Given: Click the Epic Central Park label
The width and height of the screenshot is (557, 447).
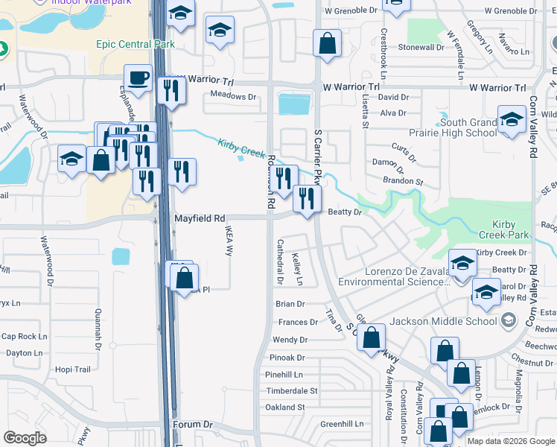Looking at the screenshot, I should pyautogui.click(x=135, y=44).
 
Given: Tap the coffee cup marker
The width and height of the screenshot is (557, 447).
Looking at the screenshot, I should pyautogui.click(x=138, y=77).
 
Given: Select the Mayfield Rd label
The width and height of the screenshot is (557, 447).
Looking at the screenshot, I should pyautogui.click(x=200, y=219).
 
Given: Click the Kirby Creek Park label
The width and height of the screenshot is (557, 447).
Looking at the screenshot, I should pyautogui.click(x=509, y=229).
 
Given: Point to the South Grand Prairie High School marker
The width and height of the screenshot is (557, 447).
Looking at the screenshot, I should pyautogui.click(x=512, y=119).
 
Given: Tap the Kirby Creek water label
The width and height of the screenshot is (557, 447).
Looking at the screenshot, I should pyautogui.click(x=241, y=147).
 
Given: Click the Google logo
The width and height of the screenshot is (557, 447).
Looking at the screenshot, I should pyautogui.click(x=25, y=438).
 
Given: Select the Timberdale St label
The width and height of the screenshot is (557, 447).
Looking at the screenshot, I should pyautogui.click(x=291, y=390).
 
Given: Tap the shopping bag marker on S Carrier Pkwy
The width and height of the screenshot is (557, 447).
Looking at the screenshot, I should pyautogui.click(x=327, y=43).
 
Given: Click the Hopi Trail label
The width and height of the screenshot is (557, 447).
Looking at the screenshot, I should pyautogui.click(x=72, y=370).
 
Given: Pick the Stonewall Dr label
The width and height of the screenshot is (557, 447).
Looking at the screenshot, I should pyautogui.click(x=421, y=47).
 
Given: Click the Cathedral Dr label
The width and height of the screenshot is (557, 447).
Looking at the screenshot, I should pyautogui.click(x=281, y=261).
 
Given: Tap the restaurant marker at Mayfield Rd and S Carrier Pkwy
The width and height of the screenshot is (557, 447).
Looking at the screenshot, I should pyautogui.click(x=307, y=198).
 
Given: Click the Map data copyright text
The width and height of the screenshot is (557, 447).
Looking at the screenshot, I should pyautogui.click(x=512, y=441).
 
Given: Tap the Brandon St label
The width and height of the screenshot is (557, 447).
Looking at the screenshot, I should pyautogui.click(x=403, y=182).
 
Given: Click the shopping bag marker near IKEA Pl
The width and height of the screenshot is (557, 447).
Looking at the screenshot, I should pyautogui.click(x=185, y=280).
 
